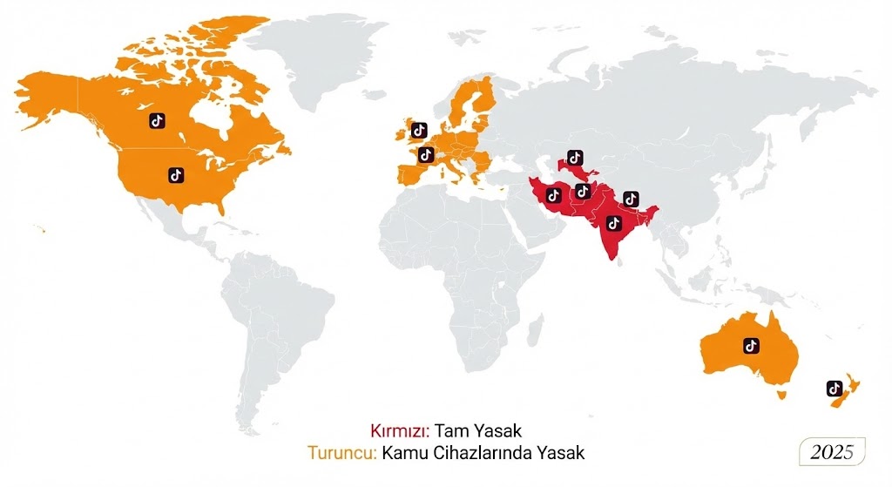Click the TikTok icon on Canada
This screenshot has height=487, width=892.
pyautogui.click(x=157, y=121)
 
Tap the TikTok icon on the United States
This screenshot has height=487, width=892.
pyautogui.click(x=176, y=175)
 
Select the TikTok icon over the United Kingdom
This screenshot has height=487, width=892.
pyautogui.click(x=418, y=131)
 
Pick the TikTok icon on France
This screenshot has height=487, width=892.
pyautogui.click(x=426, y=155)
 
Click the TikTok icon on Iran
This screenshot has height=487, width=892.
pyautogui.click(x=552, y=194)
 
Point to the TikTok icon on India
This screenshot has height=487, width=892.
pyautogui.click(x=612, y=224)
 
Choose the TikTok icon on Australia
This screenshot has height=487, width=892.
pyautogui.click(x=751, y=345)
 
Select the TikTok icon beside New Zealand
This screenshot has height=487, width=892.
pyautogui.click(x=833, y=388)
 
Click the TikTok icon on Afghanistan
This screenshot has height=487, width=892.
pyautogui.click(x=583, y=191)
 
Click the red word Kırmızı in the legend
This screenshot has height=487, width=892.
pyautogui.click(x=400, y=430)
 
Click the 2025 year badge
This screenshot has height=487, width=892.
pyautogui.click(x=833, y=453)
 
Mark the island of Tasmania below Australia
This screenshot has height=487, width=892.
pyautogui.click(x=781, y=395)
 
